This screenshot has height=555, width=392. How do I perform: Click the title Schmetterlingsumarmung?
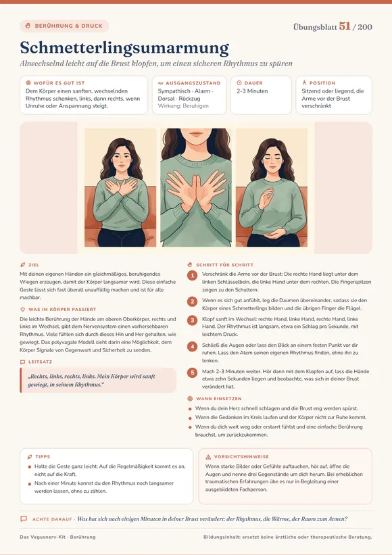coord(124,48)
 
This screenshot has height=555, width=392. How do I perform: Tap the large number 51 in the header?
coord(345,26)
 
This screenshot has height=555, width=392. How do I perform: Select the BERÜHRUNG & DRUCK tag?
coord(64,26)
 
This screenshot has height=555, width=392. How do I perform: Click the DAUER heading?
coord(253,83)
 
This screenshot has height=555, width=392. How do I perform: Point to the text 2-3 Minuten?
coord(252,91)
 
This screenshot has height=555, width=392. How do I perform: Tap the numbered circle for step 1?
coord(193,275)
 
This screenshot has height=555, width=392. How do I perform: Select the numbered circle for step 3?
coord(193,320)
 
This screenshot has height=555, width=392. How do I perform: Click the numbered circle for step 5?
coord(193,372)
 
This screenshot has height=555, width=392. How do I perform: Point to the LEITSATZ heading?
coord(40,362)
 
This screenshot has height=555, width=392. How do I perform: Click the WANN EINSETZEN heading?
coord(219,399)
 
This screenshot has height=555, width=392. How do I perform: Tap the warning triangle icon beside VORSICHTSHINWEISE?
coord(208,456)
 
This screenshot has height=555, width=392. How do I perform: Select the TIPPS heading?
coord(43,456)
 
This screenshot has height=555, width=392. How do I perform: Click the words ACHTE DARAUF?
coord(52,519)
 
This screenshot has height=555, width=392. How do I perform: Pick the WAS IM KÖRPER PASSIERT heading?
coord(62,310)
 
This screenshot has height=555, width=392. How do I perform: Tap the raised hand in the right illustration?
coord(266,198)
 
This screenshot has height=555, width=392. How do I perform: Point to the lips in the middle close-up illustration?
coord(195,134)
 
